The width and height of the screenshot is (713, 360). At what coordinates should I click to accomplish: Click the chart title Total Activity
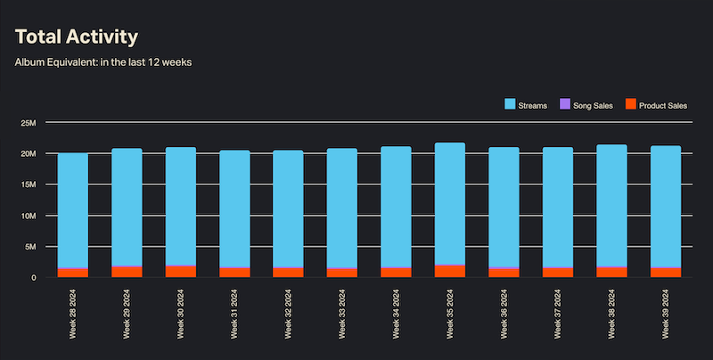point(77,37)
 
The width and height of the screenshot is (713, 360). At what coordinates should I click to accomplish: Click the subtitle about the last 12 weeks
point(104,62)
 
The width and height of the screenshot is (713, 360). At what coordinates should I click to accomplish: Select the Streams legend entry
point(526,105)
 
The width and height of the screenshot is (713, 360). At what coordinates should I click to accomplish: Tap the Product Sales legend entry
point(657,105)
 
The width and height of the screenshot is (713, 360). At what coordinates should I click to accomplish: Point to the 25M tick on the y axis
point(29,122)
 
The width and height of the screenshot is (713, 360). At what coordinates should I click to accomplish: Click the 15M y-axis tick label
point(29,184)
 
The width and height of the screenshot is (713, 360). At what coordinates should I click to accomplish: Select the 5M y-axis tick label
point(30,247)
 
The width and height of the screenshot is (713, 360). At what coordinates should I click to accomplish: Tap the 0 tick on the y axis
point(33,278)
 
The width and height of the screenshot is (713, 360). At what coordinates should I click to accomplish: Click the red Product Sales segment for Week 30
point(181,272)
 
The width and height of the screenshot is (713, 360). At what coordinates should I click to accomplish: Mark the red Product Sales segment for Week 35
point(450,272)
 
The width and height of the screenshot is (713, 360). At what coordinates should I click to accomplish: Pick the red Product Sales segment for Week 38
point(611,272)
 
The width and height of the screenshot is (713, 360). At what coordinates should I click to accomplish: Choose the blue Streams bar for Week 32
point(289,208)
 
